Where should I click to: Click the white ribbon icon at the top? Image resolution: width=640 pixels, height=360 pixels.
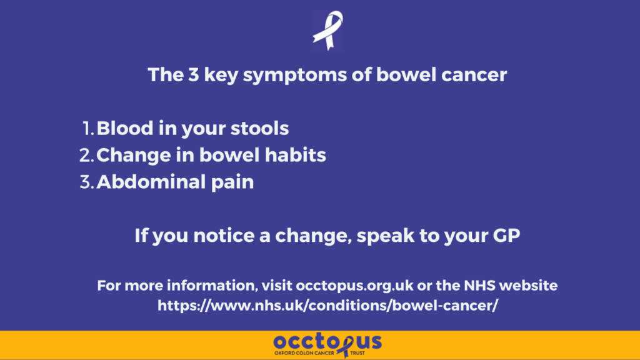point(327,29)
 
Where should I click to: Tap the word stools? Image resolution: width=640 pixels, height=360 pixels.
point(259,129)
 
